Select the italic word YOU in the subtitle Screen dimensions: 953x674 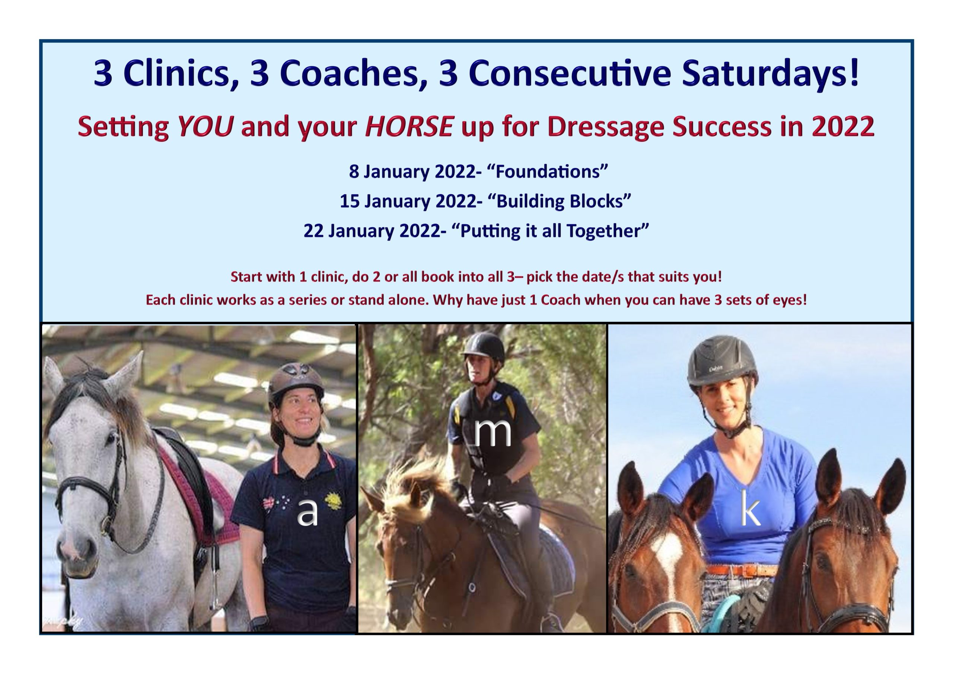[205, 126]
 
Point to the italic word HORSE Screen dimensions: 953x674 [408, 126]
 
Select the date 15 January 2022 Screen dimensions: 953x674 [408, 201]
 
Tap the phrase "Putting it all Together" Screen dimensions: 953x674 [550, 231]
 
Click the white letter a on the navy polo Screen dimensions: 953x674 [307, 512]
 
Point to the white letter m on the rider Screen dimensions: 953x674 [493, 433]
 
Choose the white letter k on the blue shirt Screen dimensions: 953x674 [750, 508]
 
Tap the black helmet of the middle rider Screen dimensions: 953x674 [482, 346]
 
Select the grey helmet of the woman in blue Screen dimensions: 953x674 [722, 360]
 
